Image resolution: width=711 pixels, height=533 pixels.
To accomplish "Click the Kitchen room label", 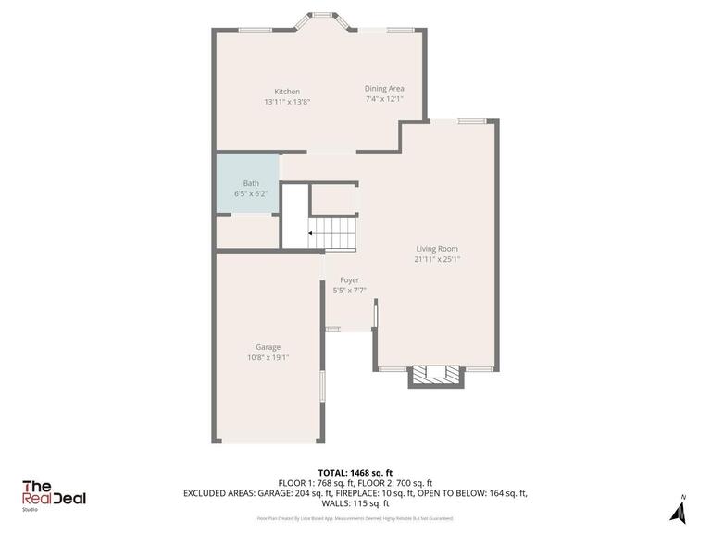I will point(286,92).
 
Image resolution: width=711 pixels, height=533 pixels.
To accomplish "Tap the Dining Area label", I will point(383,88).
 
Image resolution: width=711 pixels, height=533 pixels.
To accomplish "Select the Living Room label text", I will point(437,249).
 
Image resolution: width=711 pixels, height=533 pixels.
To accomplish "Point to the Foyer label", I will point(349,279).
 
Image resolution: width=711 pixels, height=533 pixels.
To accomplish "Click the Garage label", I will point(268,347).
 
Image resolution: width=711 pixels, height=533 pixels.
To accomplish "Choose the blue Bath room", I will point(246,183).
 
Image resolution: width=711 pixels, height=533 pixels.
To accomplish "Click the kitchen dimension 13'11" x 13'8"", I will point(286,102).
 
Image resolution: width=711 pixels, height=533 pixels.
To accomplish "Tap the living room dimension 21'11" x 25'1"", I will point(437,259).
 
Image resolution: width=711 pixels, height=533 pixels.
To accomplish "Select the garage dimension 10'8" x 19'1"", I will point(268,357).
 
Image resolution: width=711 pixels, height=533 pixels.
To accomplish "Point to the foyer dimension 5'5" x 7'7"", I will point(349,290).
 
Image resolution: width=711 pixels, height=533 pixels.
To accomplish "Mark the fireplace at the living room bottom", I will point(436,375).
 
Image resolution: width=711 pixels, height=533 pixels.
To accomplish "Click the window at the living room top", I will point(472,120).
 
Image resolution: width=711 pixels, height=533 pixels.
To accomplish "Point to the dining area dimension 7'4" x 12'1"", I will point(383,98).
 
